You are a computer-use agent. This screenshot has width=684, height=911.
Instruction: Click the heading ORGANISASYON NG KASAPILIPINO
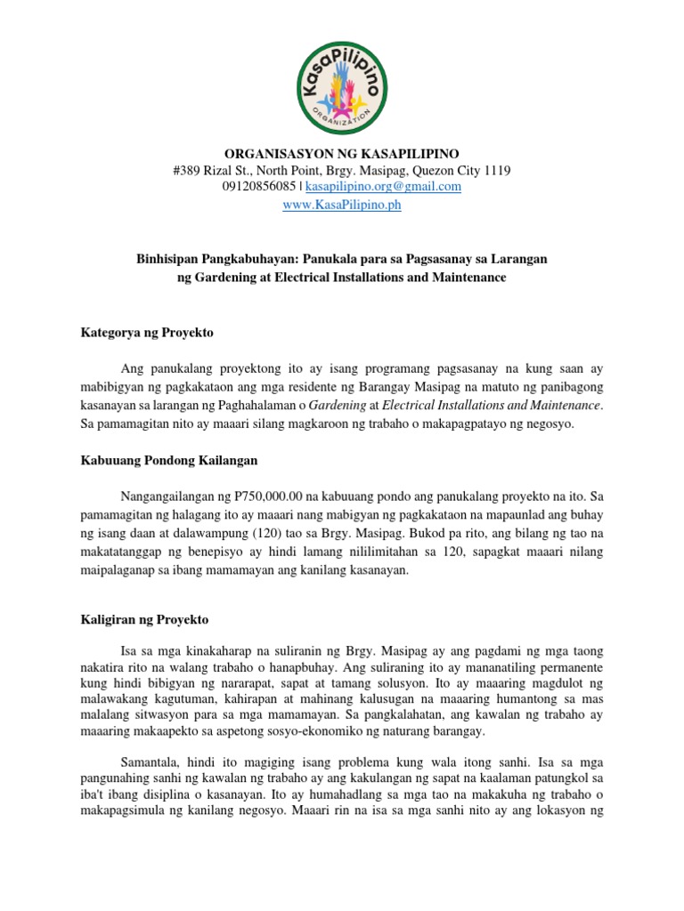click(342, 153)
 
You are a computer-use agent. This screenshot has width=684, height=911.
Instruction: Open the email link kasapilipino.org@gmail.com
click(384, 187)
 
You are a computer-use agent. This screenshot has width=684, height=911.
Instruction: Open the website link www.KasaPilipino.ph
click(342, 205)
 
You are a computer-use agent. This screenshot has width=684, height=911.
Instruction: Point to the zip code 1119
click(496, 170)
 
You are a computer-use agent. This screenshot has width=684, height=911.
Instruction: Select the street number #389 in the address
click(187, 170)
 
